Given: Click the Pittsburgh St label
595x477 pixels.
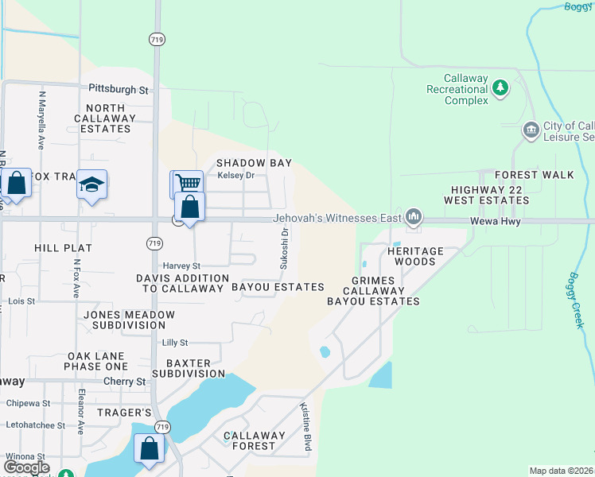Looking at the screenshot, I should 119,90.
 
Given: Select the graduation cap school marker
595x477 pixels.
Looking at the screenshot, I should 92,184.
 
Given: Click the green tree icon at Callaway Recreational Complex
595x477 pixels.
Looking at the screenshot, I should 500,87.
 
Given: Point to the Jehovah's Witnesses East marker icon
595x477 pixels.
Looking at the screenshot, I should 413,216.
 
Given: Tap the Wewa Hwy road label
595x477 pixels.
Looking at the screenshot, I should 495,222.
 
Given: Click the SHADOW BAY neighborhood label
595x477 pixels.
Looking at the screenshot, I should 255,163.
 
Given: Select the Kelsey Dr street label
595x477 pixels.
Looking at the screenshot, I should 235,175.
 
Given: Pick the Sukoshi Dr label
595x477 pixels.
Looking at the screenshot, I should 283,248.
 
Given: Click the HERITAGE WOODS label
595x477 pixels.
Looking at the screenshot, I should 411,256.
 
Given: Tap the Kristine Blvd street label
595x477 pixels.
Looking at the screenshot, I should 305,428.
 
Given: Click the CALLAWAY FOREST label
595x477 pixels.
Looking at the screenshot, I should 255,440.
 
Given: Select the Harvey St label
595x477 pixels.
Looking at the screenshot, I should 181,266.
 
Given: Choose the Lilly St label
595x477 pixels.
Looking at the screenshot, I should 174,343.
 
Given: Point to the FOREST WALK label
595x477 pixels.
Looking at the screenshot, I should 529,175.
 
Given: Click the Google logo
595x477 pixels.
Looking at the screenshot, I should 26,467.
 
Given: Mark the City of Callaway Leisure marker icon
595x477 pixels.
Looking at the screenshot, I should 531,129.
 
